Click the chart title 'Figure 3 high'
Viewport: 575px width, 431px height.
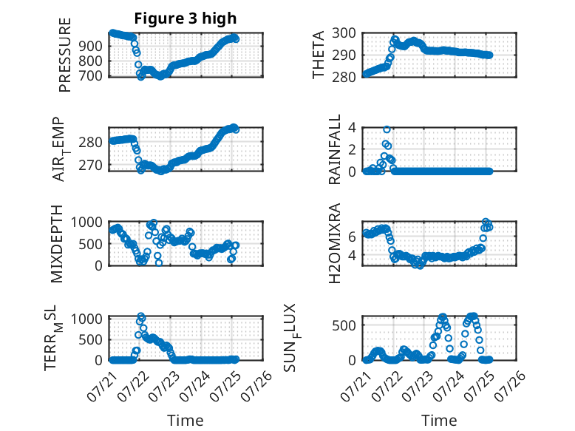pos(186,18)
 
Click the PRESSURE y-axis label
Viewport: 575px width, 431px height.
pos(64,55)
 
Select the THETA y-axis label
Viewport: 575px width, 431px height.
pos(319,55)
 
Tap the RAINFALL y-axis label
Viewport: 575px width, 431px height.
pos(335,149)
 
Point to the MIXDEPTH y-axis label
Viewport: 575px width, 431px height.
pos(57,244)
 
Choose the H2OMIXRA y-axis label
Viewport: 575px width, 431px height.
pos(335,243)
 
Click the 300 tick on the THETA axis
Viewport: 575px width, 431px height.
pos(344,33)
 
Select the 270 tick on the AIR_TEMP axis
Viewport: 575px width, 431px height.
pos(90,166)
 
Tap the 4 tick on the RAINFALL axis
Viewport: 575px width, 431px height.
pos(352,128)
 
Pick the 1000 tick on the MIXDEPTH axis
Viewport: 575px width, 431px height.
pos(86,222)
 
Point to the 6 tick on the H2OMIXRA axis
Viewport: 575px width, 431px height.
pos(352,237)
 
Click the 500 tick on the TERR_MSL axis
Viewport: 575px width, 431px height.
pos(90,339)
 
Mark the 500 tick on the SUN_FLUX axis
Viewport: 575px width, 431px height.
pos(344,325)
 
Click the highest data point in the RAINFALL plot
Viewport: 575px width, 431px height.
pos(387,129)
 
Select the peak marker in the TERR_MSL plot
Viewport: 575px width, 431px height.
pos(141,316)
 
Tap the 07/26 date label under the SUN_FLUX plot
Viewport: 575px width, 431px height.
pos(511,385)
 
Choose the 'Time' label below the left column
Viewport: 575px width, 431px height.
pos(186,420)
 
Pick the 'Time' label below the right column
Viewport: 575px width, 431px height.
pos(439,420)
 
